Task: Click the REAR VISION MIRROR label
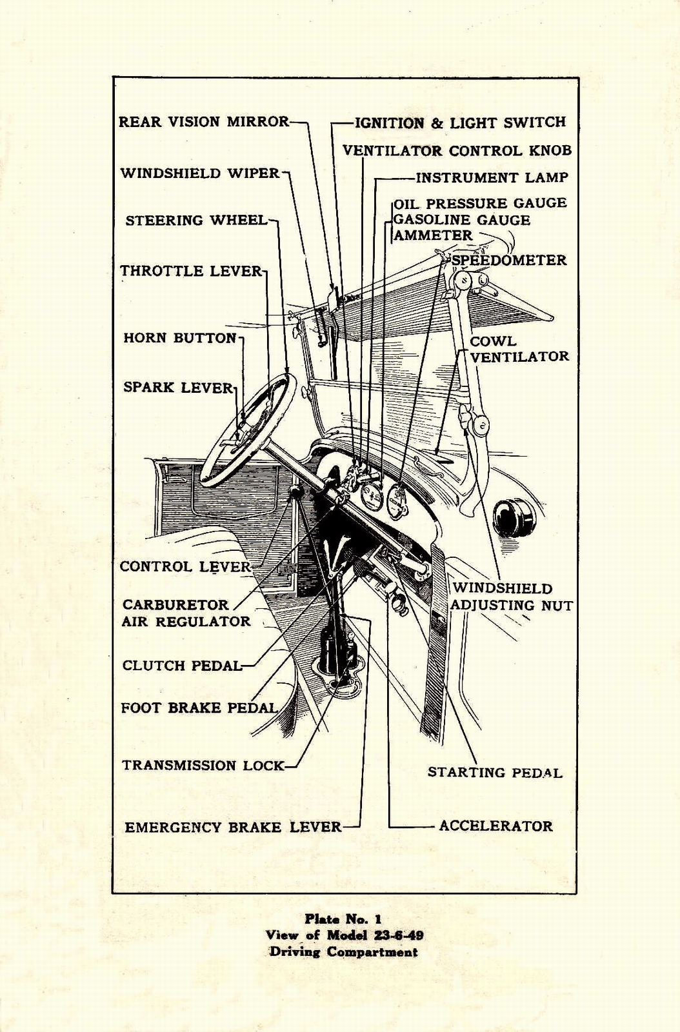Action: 204,122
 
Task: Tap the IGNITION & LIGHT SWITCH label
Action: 460,123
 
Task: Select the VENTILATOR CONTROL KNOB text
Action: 457,151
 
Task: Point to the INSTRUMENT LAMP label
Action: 492,177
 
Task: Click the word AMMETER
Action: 433,235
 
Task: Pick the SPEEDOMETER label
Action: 508,260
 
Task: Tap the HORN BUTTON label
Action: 180,338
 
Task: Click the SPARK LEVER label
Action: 178,388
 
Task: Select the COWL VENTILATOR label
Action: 519,349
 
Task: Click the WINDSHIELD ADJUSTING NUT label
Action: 512,597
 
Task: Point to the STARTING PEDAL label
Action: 495,772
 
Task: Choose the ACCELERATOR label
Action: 495,826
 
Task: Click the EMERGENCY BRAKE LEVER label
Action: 233,827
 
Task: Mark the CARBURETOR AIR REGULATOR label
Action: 186,613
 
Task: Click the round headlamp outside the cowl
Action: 514,517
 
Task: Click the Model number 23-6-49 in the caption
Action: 393,935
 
